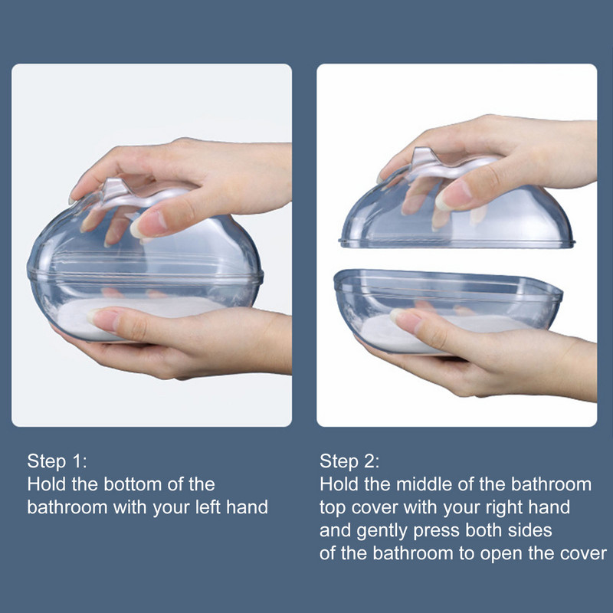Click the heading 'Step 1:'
coord(57,461)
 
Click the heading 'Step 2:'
coord(349,461)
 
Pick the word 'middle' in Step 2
coord(424,484)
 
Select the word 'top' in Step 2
coord(333,508)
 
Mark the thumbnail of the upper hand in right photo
coord(454,195)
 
